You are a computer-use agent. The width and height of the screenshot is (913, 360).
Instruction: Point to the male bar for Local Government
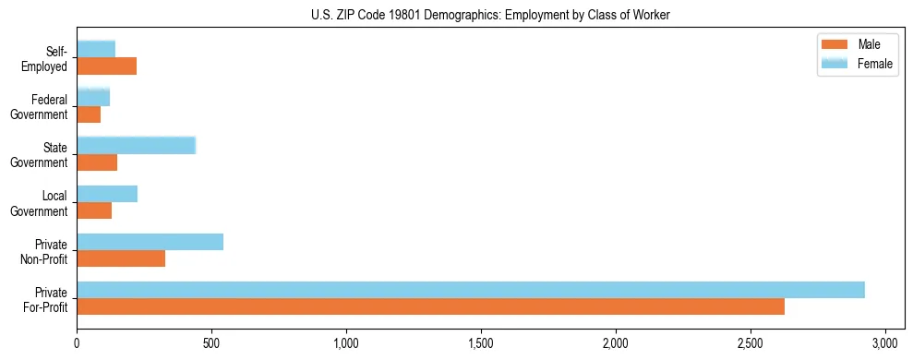(94, 210)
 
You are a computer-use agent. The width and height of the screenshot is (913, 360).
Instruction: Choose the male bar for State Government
(97, 162)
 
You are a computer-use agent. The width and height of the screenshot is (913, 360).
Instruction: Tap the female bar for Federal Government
(93, 97)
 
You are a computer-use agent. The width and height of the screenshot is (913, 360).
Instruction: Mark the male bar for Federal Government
(89, 114)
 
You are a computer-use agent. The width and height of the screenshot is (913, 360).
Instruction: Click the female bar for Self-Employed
(96, 49)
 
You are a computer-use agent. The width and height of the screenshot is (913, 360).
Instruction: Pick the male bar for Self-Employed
(106, 66)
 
